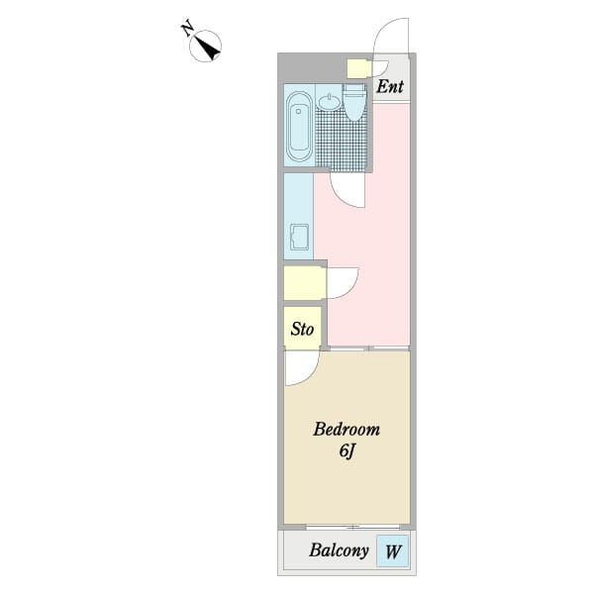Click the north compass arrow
[x=208, y=46]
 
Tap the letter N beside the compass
[x=188, y=29]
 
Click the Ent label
[x=390, y=86]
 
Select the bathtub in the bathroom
[x=298, y=127]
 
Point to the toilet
[x=354, y=101]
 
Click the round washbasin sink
[x=330, y=103]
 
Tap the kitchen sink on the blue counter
[x=298, y=239]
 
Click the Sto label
[x=302, y=329]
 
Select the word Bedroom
[x=346, y=431]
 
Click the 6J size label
[x=346, y=452]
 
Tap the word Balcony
[x=339, y=551]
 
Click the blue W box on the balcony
[x=393, y=551]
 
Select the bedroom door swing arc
[x=299, y=369]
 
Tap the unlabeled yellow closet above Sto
[x=304, y=283]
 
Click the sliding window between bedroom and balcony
[x=346, y=526]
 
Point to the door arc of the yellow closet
[x=343, y=283]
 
